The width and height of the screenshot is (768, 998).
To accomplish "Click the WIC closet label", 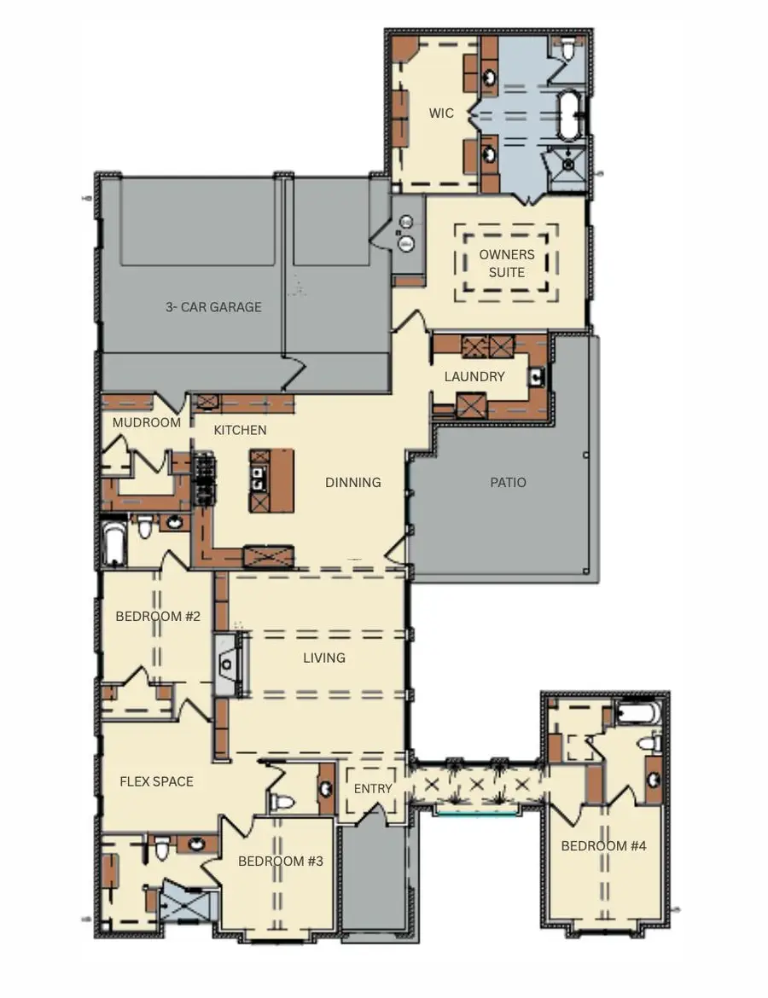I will pos(441,113).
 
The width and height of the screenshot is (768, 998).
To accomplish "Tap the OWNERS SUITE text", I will pos(507,264).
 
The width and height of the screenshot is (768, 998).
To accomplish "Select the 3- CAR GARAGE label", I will pos(213,307).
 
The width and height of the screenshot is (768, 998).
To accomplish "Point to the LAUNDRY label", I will pos(474,376).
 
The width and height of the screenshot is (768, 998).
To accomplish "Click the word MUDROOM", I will pos(147,422).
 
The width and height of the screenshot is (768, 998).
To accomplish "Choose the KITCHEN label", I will pos(240,430).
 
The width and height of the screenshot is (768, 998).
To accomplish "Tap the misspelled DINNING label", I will pos(352,483).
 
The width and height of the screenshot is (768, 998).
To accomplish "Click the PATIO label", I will pos(508,483).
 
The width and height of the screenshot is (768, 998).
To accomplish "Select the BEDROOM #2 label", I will pos(158,616).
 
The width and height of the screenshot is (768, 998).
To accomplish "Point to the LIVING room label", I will pos(324,658).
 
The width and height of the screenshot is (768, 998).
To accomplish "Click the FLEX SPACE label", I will pos(156,781).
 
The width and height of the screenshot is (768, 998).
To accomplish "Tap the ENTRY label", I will pos(373,788).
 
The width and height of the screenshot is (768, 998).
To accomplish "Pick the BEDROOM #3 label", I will pos(280,862).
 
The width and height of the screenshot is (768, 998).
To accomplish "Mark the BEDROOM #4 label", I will pos(603,846).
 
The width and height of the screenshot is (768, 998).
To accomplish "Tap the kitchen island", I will pos(271,480).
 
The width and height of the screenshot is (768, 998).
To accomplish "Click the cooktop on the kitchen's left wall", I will pos(205,479).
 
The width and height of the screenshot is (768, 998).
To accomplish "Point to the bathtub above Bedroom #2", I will pos(113,544).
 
